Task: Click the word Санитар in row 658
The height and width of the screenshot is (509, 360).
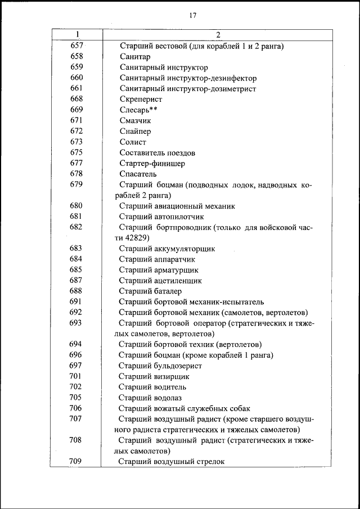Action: click(x=134, y=57)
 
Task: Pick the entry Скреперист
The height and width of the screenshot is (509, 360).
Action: click(x=141, y=100)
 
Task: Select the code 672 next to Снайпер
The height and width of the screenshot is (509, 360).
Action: click(x=77, y=131)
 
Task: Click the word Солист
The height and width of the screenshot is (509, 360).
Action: click(x=133, y=142)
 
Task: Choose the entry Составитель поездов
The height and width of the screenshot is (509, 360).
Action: click(x=157, y=152)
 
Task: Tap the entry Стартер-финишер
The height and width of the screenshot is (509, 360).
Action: click(x=152, y=164)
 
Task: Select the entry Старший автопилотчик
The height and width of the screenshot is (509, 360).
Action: click(x=161, y=217)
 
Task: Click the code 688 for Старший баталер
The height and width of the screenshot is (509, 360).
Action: click(x=76, y=291)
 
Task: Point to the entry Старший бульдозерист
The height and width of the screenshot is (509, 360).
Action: click(x=160, y=366)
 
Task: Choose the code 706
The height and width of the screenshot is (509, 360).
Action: click(x=76, y=408)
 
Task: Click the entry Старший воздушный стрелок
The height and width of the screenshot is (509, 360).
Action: click(x=172, y=462)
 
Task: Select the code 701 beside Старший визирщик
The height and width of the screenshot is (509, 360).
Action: click(x=76, y=376)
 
